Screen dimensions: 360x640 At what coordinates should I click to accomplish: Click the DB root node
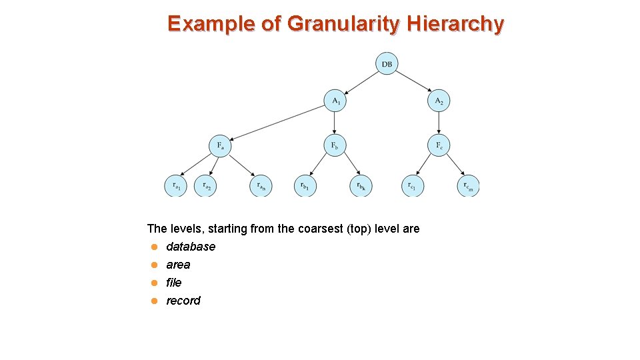pyautogui.click(x=387, y=64)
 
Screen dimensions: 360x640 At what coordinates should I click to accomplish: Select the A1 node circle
pyautogui.click(x=335, y=101)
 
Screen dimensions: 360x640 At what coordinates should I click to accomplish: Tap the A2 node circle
pyautogui.click(x=439, y=101)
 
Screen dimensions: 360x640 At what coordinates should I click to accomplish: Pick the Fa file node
pyautogui.click(x=220, y=145)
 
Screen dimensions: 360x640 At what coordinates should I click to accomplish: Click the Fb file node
pyautogui.click(x=335, y=145)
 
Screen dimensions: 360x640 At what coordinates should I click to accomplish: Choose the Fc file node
pyautogui.click(x=439, y=145)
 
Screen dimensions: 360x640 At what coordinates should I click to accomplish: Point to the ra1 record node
pyautogui.click(x=176, y=186)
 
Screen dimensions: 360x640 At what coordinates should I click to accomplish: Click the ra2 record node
pyautogui.click(x=205, y=186)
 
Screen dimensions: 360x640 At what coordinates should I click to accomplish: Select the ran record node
pyautogui.click(x=261, y=186)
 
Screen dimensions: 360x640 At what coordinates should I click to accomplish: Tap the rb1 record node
pyautogui.click(x=305, y=186)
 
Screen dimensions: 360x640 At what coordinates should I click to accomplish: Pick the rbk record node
pyautogui.click(x=361, y=186)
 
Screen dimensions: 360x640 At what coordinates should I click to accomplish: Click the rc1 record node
pyautogui.click(x=413, y=186)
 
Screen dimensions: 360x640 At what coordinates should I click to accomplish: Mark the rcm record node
pyautogui.click(x=468, y=186)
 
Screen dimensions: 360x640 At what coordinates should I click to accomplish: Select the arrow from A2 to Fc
pyautogui.click(x=439, y=123)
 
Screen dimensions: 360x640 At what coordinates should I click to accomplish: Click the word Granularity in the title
pyautogui.click(x=343, y=24)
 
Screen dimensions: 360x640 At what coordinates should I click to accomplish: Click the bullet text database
pyautogui.click(x=191, y=247)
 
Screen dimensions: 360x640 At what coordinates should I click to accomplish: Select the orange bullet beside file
pyautogui.click(x=153, y=283)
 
